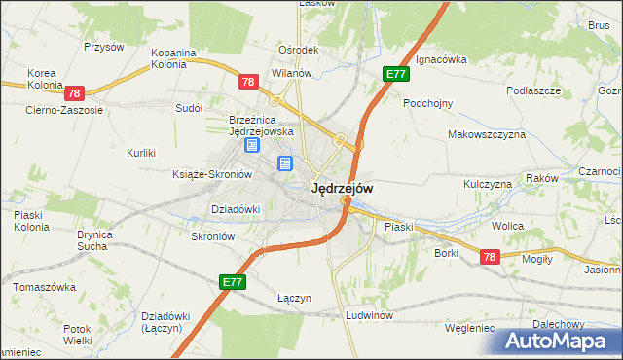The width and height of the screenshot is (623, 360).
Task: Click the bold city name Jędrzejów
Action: click(341, 189)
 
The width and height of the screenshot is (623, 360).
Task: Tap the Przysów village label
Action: click(104, 47)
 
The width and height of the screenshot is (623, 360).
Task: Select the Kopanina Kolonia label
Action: click(174, 58)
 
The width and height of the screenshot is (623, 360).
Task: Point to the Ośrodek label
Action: click(299, 51)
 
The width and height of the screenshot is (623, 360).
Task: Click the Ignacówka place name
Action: click(441, 59)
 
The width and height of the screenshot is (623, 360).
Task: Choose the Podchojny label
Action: click(428, 102)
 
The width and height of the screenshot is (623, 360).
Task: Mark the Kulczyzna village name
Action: click(488, 184)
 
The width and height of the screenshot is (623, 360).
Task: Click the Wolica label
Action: click(507, 226)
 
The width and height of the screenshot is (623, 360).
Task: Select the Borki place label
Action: click(447, 253)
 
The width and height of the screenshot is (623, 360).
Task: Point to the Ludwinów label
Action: click(369, 316)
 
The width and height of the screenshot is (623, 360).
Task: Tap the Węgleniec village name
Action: click(469, 328)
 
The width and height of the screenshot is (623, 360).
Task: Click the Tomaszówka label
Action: click(45, 288)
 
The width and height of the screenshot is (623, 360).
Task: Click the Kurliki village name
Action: click(141, 153)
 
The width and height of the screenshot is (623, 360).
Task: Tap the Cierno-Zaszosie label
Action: click(64, 110)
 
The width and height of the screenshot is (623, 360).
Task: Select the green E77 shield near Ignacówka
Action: click(395, 74)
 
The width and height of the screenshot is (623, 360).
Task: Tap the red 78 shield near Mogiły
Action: click(489, 256)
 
